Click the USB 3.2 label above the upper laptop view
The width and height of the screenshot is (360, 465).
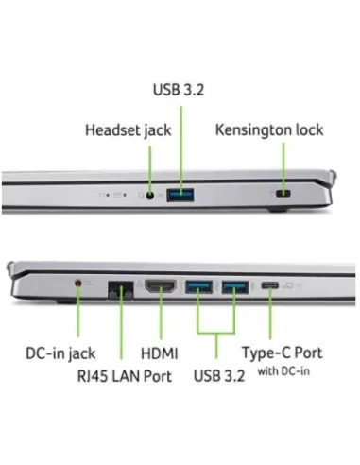(x=180, y=92)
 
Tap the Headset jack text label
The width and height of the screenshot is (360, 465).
(x=129, y=129)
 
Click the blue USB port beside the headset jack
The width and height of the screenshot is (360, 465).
(x=180, y=196)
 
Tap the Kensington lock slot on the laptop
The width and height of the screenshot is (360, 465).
(x=283, y=196)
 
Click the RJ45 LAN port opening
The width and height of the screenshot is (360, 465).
(x=120, y=286)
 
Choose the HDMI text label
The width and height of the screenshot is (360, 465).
(x=160, y=353)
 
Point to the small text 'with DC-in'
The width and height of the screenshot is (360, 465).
(x=284, y=370)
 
